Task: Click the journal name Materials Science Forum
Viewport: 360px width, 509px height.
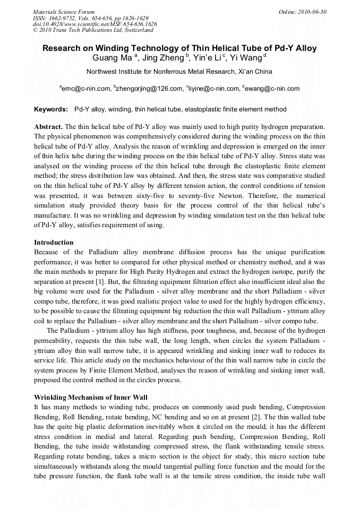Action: coord(64,12)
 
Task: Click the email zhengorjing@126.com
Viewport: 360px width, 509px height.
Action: coord(149,89)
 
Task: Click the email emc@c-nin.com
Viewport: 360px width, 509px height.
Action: coord(86,89)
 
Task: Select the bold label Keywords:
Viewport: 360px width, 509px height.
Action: coord(51,109)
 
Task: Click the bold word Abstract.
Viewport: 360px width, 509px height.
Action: coord(48,127)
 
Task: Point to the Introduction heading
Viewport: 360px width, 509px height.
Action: coord(54,243)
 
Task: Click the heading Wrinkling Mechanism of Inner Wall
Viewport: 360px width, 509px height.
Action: coord(91,398)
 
